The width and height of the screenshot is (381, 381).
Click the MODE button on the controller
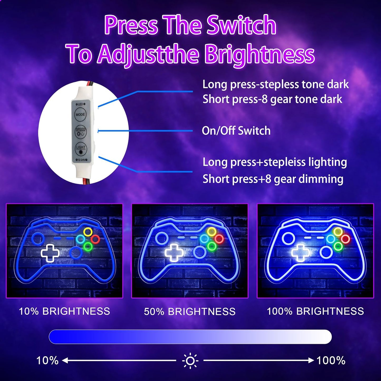80,114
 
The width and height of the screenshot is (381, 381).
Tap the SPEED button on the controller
80,132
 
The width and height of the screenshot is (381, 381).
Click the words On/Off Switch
236,131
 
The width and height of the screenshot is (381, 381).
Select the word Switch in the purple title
241,26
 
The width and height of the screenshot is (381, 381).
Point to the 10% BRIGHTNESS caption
64,311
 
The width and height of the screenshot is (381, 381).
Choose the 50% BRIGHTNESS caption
190,312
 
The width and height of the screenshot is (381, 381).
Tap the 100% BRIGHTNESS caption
315,311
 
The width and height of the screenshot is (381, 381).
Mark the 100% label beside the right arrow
331,361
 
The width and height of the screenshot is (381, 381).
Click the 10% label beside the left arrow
47,361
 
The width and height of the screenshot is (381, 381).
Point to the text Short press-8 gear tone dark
272,99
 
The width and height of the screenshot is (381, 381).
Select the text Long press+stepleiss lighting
275,162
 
